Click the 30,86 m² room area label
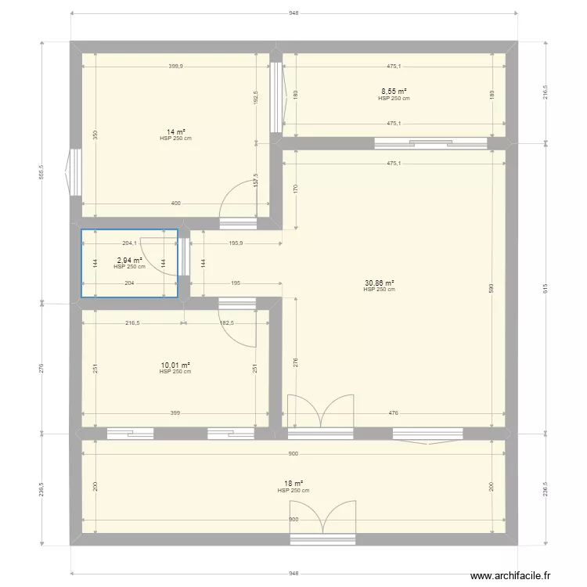[x=379, y=283]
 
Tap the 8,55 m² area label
[x=394, y=92]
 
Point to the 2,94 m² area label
[x=130, y=261]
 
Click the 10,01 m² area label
[x=175, y=365]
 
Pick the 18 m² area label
[x=293, y=484]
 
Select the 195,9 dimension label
[x=236, y=242]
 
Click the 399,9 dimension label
[x=175, y=67]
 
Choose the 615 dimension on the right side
[x=546, y=288]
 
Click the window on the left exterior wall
[x=74, y=171]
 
